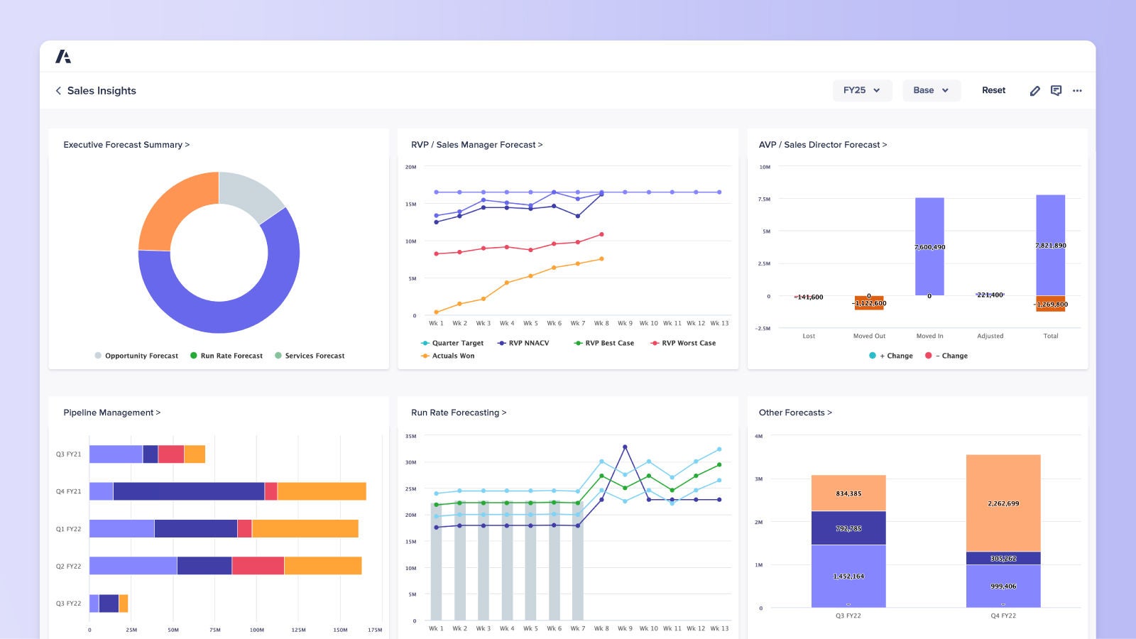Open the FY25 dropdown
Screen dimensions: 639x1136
tap(861, 90)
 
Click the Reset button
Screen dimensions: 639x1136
tap(993, 90)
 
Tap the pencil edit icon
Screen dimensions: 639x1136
tap(1034, 91)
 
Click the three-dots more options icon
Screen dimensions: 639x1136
tap(1077, 91)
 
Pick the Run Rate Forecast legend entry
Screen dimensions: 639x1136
tap(226, 356)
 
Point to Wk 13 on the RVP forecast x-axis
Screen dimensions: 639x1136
tap(719, 323)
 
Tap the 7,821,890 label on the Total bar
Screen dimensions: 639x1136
tap(1050, 246)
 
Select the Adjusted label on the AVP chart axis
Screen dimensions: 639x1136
tap(990, 336)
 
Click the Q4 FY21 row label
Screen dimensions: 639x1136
tap(69, 491)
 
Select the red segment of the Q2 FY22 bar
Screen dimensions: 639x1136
tap(258, 566)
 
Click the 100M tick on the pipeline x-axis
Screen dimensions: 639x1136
tap(256, 630)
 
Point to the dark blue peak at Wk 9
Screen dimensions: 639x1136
tap(625, 447)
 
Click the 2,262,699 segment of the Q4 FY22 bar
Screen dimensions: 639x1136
tap(1003, 503)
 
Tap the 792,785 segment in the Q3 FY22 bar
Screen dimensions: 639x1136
tap(848, 528)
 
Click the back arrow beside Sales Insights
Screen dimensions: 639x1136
tap(58, 91)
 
